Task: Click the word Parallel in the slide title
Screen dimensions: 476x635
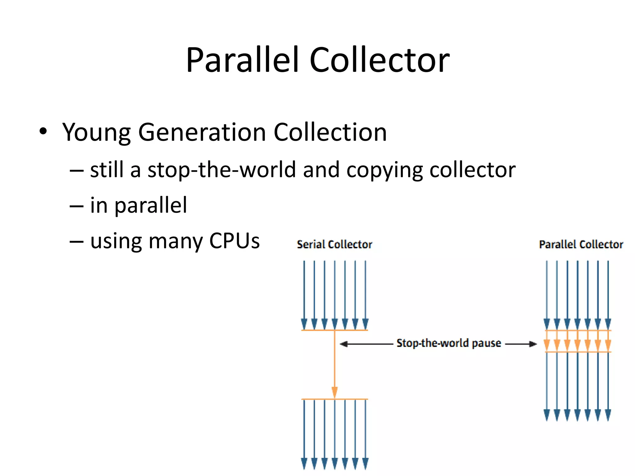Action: pyautogui.click(x=242, y=59)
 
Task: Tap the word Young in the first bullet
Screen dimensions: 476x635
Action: pyautogui.click(x=96, y=133)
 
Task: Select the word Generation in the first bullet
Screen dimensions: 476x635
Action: pyautogui.click(x=202, y=133)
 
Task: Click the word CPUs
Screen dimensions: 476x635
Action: pyautogui.click(x=234, y=241)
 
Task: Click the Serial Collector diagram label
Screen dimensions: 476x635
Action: pyautogui.click(x=335, y=245)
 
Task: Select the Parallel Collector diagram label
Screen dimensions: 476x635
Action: pyautogui.click(x=581, y=245)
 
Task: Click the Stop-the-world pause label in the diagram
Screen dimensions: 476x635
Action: pyautogui.click(x=449, y=343)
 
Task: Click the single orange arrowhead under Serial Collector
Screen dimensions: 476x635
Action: pyautogui.click(x=335, y=392)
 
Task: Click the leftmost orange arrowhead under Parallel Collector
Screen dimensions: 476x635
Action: pyautogui.click(x=547, y=344)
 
